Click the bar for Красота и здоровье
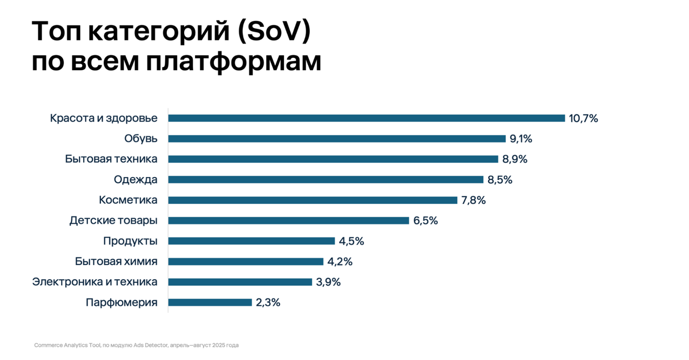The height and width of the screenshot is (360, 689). [366, 118]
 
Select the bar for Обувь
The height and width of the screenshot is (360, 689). [337, 139]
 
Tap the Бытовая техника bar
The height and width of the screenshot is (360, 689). [333, 159]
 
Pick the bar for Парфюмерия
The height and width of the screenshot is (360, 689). [210, 302]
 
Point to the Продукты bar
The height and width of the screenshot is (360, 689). [252, 241]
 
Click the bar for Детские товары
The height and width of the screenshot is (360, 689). [288, 221]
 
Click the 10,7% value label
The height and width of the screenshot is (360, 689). [583, 119]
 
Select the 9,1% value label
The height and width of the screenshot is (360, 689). [521, 139]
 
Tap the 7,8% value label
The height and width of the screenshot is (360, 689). [474, 200]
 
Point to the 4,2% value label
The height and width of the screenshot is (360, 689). [340, 262]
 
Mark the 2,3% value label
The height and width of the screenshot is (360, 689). [268, 303]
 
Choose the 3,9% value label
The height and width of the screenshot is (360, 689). [328, 282]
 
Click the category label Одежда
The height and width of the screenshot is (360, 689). [136, 180]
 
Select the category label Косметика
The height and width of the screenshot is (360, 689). [128, 200]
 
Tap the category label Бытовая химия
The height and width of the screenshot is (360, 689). [116, 262]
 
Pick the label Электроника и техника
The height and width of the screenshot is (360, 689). [95, 282]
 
